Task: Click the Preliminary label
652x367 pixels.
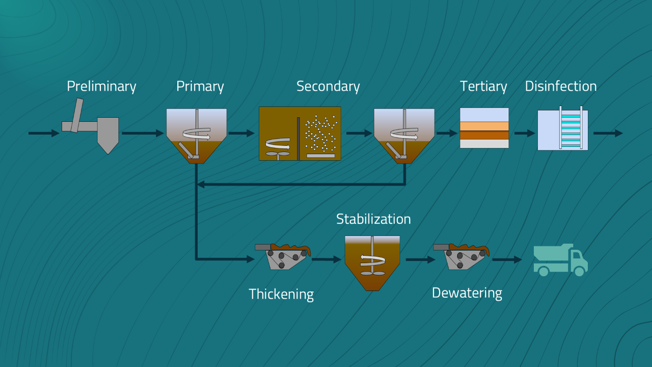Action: (101, 86)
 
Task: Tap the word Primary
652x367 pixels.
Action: (200, 86)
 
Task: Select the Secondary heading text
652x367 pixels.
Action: (328, 86)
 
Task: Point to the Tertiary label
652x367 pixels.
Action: (483, 86)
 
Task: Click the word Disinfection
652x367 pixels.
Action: (561, 86)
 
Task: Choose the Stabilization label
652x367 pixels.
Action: (373, 219)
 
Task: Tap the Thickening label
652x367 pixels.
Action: (281, 294)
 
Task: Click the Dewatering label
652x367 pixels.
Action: (467, 293)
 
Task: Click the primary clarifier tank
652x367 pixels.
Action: (197, 135)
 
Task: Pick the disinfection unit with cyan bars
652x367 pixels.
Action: (563, 130)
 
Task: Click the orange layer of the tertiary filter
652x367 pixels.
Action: (484, 126)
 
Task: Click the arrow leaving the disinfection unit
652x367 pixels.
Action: (608, 133)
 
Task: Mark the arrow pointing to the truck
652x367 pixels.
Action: (507, 259)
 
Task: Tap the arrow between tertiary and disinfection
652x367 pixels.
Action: (524, 133)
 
